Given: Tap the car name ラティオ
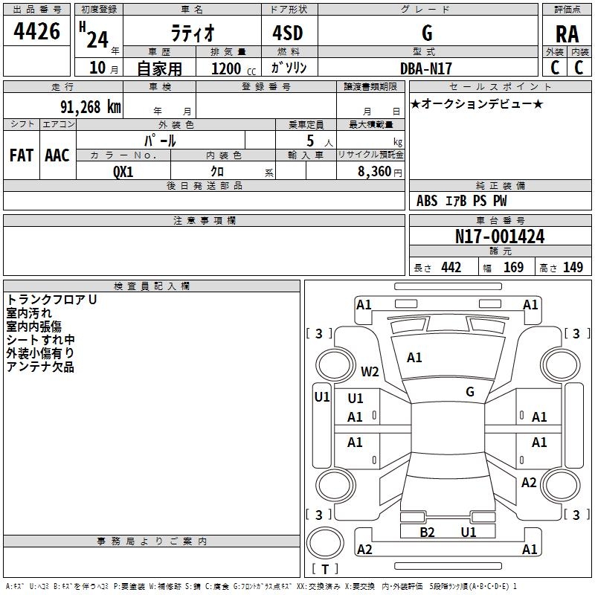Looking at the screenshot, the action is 191,33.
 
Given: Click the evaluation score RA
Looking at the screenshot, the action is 567,33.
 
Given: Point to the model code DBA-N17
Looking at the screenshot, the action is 426,68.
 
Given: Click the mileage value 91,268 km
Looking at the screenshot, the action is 90,106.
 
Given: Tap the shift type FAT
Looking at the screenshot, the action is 21,155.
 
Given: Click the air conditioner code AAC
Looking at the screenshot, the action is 57,155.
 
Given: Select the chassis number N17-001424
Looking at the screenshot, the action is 500,237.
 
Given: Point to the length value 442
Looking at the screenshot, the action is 451,268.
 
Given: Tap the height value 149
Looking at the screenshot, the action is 573,268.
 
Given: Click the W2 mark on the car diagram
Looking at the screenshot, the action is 370,371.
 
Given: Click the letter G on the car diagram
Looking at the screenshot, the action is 470,391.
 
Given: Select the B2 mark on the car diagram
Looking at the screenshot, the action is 427,532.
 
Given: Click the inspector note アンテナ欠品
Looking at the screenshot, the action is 40,367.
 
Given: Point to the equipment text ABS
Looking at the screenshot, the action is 427,201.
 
